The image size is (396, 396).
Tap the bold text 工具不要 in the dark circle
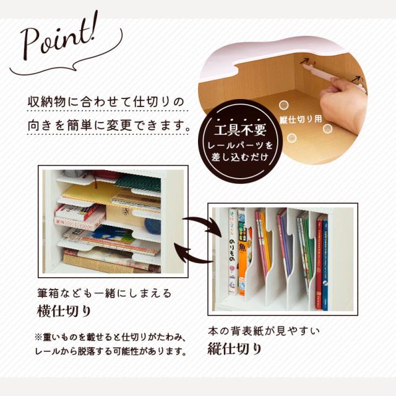[240, 129]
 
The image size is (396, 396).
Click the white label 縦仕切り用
[301, 119]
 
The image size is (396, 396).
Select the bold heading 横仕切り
[64, 311]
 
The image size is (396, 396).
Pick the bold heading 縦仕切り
[235, 349]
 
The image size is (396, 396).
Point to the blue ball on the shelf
[153, 226]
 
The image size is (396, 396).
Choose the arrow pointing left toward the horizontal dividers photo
[194, 253]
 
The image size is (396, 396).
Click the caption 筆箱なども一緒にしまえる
[105, 293]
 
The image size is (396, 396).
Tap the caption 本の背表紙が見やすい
[264, 331]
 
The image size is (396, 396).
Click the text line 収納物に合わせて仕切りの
[106, 101]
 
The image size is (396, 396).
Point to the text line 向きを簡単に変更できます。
[109, 125]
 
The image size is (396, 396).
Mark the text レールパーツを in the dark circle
[240, 146]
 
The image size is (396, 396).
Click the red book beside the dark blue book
[319, 262]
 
